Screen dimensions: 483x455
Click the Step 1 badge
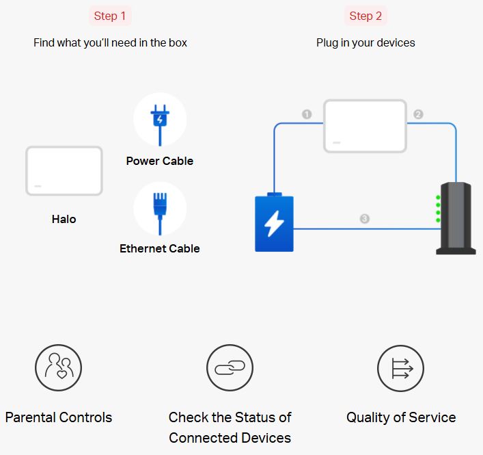(110, 16)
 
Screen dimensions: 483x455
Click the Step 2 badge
(365, 16)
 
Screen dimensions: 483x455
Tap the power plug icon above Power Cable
(160, 125)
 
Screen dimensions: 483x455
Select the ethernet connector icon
(160, 213)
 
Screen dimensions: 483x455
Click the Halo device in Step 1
(64, 170)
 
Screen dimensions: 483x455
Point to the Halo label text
(64, 219)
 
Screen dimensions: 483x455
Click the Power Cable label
(160, 161)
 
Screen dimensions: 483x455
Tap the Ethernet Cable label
(160, 248)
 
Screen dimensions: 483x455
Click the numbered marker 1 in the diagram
(307, 114)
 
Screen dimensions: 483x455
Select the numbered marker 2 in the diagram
(418, 114)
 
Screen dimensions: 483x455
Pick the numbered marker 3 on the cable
(364, 219)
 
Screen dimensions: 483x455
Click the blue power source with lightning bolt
(274, 222)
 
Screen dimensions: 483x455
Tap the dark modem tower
(456, 218)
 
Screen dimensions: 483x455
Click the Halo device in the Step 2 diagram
(365, 126)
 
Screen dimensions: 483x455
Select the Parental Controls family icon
(58, 367)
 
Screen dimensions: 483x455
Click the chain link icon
(230, 367)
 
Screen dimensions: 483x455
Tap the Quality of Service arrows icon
(401, 368)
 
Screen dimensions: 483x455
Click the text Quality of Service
(401, 417)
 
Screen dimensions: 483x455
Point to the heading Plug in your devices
(365, 42)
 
